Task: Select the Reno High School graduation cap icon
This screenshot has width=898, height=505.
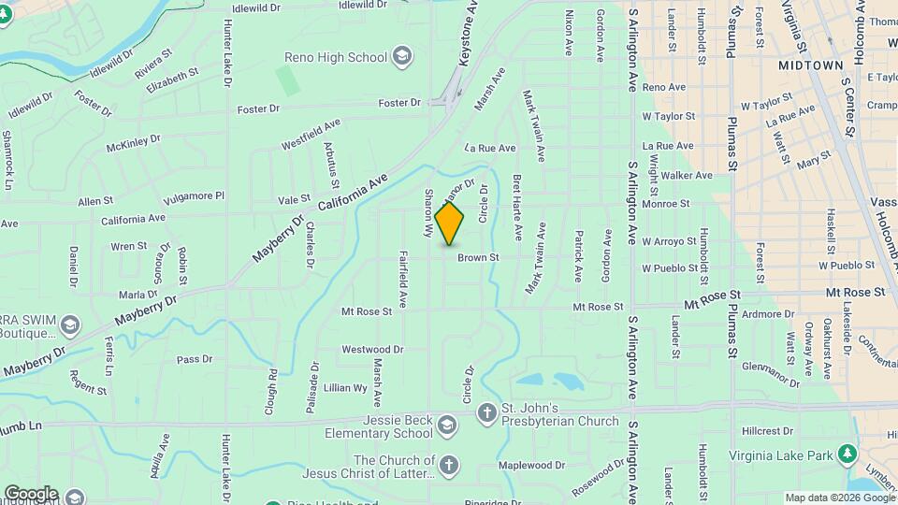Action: [x=402, y=57]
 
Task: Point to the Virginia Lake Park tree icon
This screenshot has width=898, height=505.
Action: [x=847, y=454]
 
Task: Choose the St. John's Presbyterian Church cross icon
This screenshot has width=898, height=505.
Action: [x=486, y=412]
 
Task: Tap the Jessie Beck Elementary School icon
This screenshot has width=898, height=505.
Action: [x=447, y=426]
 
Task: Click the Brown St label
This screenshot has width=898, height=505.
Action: [x=478, y=257]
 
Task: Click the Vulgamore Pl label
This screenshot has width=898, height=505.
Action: [x=196, y=196]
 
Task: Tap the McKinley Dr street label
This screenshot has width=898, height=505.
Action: [x=134, y=144]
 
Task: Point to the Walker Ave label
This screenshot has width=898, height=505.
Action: [x=687, y=175]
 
